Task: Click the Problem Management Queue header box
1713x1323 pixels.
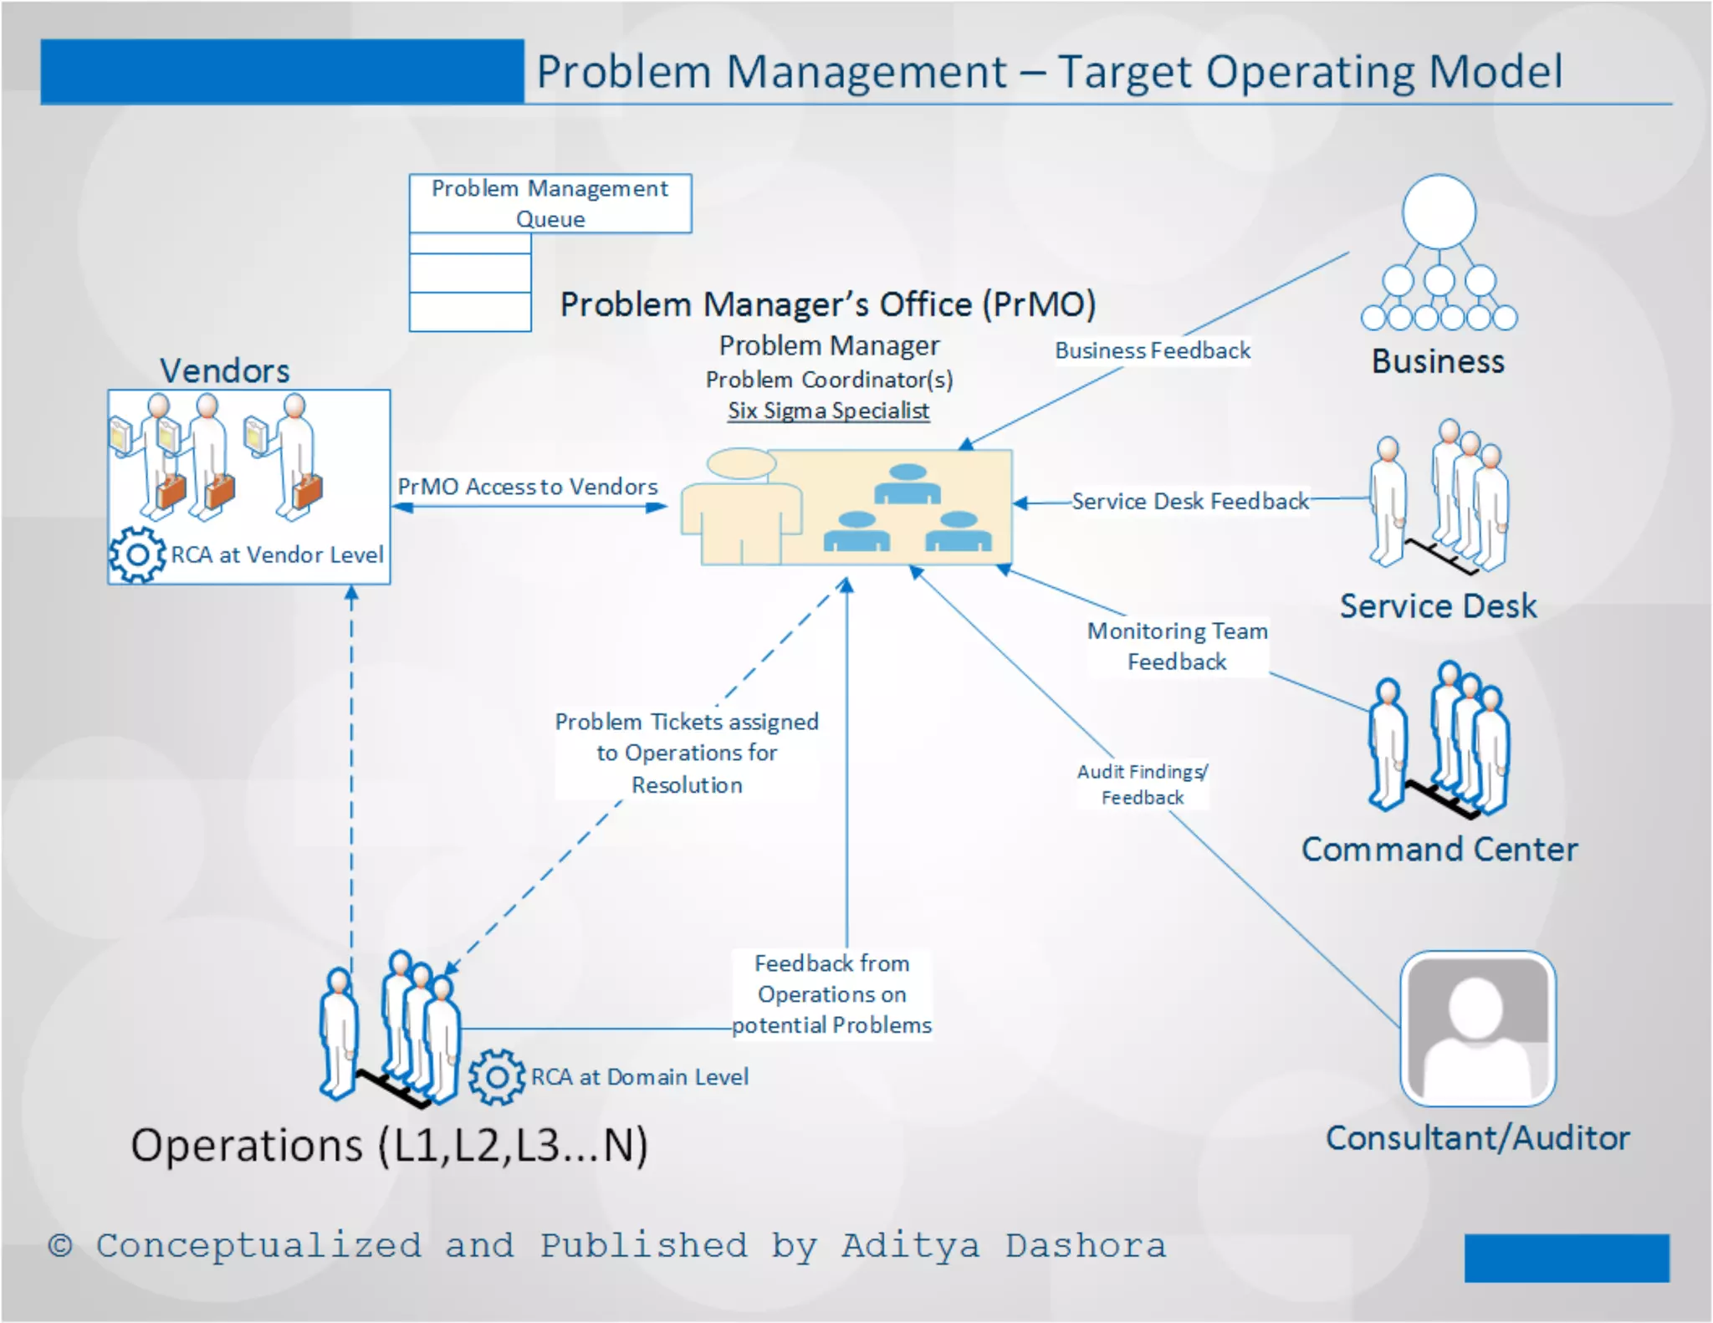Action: click(550, 203)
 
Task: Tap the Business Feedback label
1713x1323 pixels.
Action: click(1152, 350)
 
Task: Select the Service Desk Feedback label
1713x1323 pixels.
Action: click(1189, 501)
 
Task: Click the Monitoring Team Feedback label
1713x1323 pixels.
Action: click(1177, 646)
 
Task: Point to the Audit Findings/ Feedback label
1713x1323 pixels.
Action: click(1142, 784)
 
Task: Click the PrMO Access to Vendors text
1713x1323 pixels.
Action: click(527, 487)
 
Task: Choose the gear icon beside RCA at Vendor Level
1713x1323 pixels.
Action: click(137, 554)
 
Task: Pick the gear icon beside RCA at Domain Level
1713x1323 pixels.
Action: click(496, 1077)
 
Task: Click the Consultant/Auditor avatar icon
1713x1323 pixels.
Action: click(1477, 1029)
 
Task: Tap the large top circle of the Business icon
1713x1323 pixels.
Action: click(1439, 212)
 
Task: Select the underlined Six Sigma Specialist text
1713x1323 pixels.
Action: click(828, 411)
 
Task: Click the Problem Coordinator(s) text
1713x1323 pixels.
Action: click(829, 380)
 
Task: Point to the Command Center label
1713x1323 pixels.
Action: click(1439, 850)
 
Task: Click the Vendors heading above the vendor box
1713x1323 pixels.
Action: click(224, 370)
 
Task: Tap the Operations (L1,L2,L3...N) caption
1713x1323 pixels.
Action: click(389, 1146)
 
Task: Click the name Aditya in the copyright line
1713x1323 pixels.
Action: click(910, 1246)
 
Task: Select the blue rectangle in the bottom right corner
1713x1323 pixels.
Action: click(1566, 1257)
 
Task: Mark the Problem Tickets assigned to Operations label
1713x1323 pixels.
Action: click(686, 753)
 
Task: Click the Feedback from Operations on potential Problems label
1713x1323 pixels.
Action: click(831, 994)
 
